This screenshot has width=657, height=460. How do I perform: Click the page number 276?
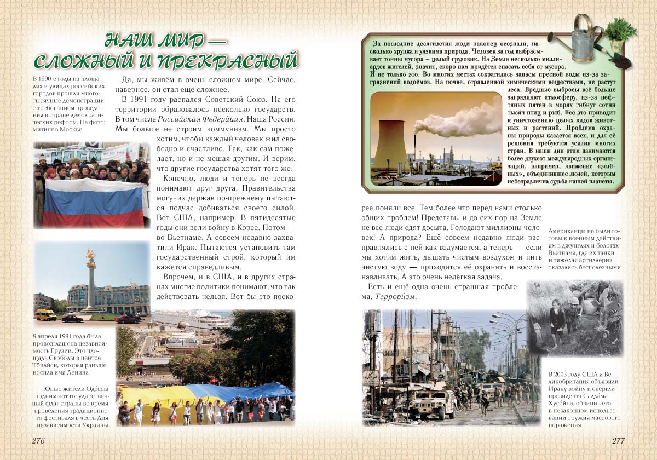[x=38, y=441]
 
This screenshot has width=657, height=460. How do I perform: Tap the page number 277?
[x=618, y=441]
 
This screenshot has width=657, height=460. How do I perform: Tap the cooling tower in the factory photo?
[x=391, y=142]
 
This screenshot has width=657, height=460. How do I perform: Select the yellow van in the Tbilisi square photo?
[x=46, y=314]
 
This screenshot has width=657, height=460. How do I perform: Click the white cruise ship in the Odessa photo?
[x=189, y=320]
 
